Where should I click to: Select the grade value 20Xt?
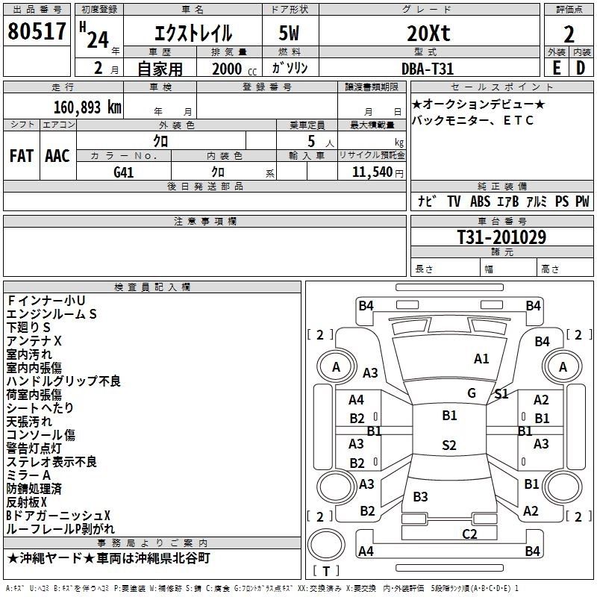pos(428,34)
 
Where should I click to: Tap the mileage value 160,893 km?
pos(88,107)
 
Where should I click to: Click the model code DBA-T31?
pos(428,68)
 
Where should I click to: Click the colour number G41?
pos(124,172)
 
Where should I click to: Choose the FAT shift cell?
pos(22,156)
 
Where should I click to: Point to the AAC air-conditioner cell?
pos(57,156)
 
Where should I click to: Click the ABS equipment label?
pos(480,201)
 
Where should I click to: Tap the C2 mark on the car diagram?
pos(469,534)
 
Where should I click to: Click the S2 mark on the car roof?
pos(448,446)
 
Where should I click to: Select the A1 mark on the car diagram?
pos(481,359)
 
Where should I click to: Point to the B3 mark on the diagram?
pos(420,497)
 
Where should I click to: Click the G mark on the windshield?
pos(471,393)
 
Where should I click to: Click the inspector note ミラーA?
pos(28,475)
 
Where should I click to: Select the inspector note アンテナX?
pos(34,341)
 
